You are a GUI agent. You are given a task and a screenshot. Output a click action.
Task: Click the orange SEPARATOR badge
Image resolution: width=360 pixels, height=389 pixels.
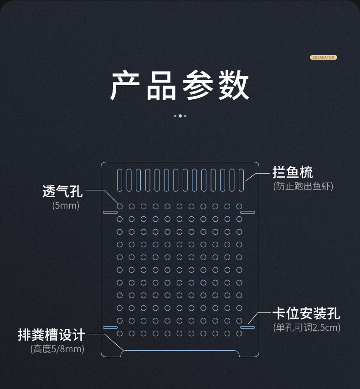point(323,57)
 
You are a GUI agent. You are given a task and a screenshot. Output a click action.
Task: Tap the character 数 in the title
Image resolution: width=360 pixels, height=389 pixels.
point(233,86)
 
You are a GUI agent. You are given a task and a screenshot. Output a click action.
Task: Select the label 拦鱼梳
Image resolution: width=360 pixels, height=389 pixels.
point(293,173)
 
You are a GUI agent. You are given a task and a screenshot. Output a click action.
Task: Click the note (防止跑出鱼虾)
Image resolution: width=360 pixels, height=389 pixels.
point(303,186)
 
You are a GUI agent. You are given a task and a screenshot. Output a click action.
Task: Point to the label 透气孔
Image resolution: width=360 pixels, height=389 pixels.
point(62,191)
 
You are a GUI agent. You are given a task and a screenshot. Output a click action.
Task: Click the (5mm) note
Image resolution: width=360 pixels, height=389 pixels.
point(66,205)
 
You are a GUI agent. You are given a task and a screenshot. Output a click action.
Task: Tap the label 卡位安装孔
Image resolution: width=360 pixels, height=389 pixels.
point(306,313)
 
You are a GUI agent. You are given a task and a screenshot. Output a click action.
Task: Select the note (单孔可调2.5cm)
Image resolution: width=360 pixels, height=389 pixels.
point(307,328)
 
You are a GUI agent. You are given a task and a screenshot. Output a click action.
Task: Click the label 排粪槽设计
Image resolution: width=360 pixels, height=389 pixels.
point(51,335)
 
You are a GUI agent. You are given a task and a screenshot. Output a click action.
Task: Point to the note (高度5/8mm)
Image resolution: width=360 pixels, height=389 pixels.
point(57,349)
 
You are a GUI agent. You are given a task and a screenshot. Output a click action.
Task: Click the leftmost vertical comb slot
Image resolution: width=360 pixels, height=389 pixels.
point(120,180)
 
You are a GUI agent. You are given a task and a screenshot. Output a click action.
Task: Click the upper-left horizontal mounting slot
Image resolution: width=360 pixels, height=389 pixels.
point(110,212)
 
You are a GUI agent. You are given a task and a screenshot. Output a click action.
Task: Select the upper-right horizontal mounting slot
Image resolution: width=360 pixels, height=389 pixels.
point(247,212)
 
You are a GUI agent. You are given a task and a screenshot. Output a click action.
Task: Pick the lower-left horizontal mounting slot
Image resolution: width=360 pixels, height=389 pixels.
point(110,327)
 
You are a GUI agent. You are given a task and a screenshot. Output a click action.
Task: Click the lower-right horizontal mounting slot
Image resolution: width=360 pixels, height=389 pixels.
point(247,327)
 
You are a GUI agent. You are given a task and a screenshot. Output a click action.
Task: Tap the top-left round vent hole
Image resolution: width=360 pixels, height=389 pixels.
point(120,206)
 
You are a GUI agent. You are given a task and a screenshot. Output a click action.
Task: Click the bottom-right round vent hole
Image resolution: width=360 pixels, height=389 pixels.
point(239,334)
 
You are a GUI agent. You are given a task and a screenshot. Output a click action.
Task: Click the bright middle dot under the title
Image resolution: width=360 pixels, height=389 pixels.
point(180,116)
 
